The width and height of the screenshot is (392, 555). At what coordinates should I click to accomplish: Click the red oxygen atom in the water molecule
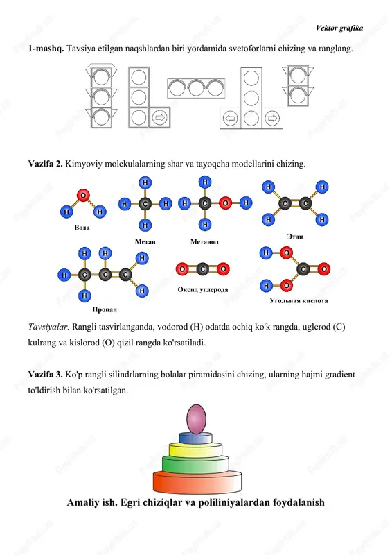pos(83,195)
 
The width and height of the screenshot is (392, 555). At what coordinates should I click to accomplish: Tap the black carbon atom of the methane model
pos(145,204)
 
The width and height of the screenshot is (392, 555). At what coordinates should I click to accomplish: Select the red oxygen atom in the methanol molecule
pos(225,203)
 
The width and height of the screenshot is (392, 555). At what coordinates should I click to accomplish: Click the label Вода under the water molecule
pos(82,228)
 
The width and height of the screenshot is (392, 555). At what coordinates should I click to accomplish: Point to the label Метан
pos(145,241)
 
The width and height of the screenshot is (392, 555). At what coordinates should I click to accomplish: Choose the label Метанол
pos(204,241)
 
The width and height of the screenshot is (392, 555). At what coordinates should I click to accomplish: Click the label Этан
pos(295,237)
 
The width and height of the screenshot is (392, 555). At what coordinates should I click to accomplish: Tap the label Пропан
pos(105,309)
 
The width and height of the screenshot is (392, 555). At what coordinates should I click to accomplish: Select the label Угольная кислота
pos(299,300)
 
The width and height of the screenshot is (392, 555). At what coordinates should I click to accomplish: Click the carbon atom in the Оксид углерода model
pos(202,269)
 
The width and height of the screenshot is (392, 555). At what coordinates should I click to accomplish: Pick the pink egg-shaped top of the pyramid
pos(196,419)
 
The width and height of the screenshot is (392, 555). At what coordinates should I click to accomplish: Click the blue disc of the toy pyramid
pos(196,438)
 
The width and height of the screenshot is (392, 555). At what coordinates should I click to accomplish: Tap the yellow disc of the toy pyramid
pos(195,450)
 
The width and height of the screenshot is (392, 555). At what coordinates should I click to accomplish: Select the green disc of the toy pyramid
pos(195,464)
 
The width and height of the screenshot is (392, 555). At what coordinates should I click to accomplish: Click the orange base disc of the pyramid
pos(197,482)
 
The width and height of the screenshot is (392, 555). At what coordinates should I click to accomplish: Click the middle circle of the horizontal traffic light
pos(196,88)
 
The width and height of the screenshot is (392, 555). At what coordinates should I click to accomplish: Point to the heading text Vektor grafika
pos(339,28)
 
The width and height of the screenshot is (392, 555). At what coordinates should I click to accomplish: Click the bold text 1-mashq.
pos(46,49)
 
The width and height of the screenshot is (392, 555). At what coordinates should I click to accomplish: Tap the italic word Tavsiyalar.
pos(48,327)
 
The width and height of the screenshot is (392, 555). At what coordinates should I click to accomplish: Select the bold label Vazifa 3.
pos(46,375)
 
